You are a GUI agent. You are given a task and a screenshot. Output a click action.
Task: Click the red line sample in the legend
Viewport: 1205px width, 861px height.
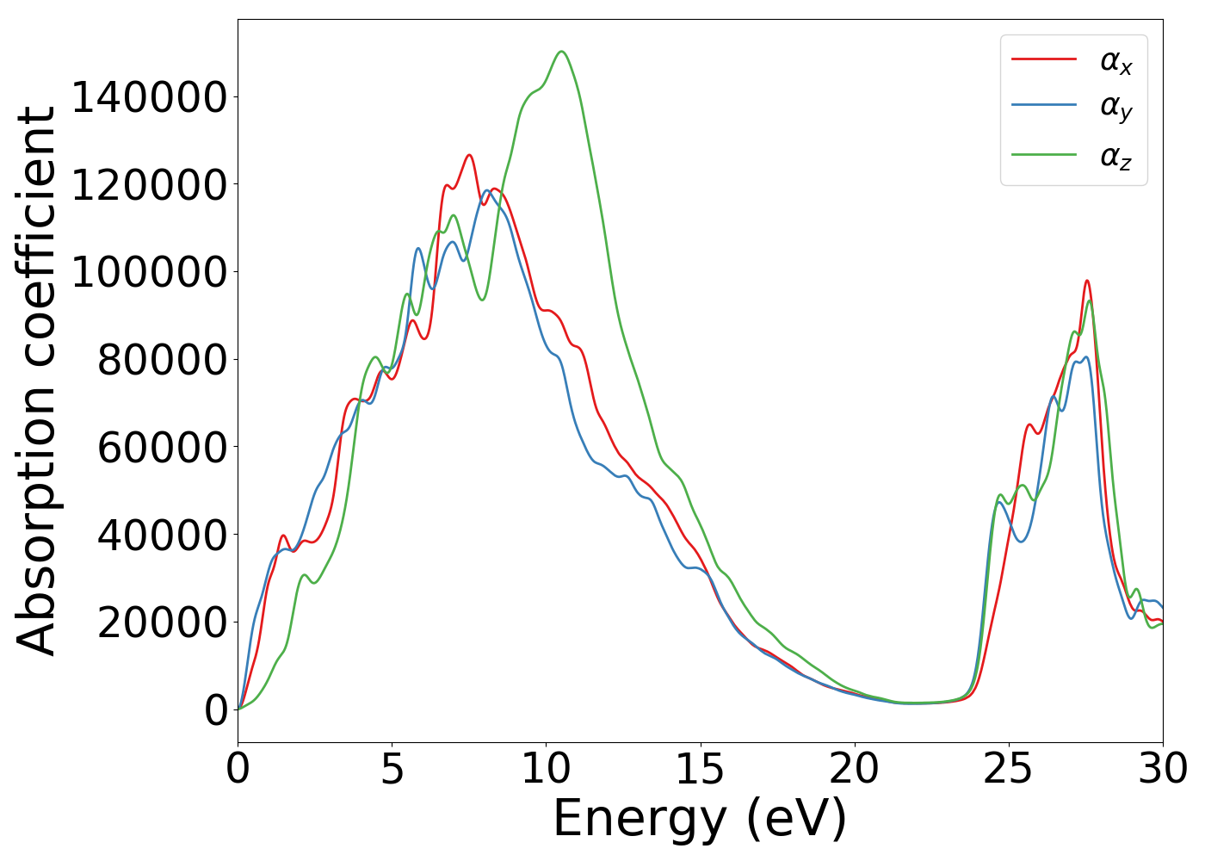(x=1044, y=59)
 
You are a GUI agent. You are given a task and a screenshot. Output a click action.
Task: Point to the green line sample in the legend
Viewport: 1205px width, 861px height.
(x=1044, y=155)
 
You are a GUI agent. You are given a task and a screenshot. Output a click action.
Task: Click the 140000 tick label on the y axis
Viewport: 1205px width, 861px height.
(x=149, y=97)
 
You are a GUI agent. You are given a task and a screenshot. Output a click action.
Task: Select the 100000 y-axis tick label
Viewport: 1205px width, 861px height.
(x=149, y=272)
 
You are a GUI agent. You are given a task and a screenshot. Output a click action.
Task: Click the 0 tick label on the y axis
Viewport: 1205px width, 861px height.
(x=216, y=710)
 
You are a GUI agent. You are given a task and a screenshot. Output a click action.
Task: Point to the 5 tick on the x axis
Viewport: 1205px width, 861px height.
(x=392, y=769)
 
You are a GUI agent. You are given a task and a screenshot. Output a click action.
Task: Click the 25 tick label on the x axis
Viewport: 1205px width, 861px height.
(x=1008, y=769)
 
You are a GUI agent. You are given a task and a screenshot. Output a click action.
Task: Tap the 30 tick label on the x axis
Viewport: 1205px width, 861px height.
(x=1162, y=769)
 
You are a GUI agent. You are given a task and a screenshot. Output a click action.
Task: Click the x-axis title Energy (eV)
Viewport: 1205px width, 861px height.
(x=700, y=819)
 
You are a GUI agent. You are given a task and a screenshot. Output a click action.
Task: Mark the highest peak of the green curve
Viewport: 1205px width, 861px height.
(x=561, y=52)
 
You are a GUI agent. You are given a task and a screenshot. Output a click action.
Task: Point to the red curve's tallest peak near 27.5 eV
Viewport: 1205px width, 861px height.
(x=1087, y=281)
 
